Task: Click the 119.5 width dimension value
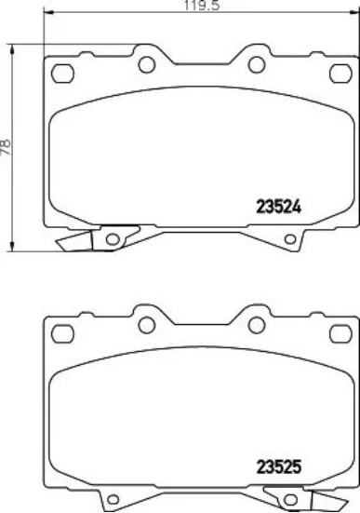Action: coord(202,5)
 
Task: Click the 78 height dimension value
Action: coord(6,147)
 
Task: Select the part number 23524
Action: coord(278,207)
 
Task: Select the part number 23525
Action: coord(278,466)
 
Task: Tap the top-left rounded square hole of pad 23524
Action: coord(62,74)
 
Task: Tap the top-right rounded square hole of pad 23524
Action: coord(340,74)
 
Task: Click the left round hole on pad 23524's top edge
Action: coord(146,65)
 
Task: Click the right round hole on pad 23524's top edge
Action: coord(257,65)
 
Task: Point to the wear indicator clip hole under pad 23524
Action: coord(113,239)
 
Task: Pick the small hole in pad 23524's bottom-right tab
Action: coord(290,239)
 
